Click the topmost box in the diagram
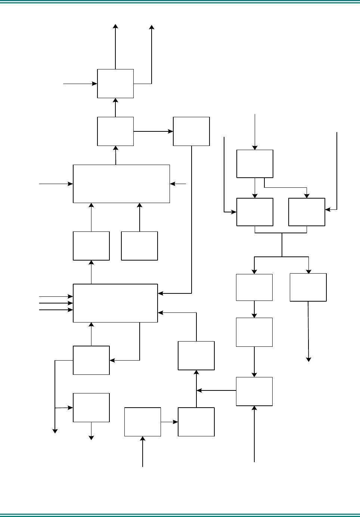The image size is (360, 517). pos(115,84)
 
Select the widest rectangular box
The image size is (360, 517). pos(121,184)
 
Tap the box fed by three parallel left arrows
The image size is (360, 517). pos(115,303)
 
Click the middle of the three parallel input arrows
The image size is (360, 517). pos(56,303)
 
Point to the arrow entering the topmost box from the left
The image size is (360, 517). pos(80,84)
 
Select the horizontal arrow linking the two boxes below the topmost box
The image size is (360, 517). pos(153,131)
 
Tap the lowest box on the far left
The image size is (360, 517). pos(91,407)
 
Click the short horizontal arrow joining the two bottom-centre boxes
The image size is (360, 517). pos(169,422)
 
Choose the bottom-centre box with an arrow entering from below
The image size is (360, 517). pos(143,422)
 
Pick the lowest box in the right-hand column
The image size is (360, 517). pos(254,391)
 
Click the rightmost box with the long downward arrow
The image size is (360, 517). pos(308,287)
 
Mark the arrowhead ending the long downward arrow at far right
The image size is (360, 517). pos(308,359)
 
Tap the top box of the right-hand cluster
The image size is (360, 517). pos(255,164)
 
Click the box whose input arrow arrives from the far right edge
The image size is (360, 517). pos(307,212)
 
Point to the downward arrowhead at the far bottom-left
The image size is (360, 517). pos(55,431)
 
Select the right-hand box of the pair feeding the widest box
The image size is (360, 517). pos(139,246)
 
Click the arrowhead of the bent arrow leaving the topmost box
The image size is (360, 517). pos(152,27)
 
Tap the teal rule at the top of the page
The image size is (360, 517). pos(180,3)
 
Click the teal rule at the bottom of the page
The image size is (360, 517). pos(180,514)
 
